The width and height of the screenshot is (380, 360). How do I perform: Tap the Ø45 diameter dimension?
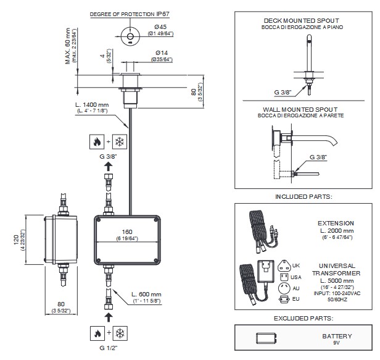160,27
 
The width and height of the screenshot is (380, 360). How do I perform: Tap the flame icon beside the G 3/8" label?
95,141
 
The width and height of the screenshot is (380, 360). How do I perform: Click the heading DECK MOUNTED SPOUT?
301,20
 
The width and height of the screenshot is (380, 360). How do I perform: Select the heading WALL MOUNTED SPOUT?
301,108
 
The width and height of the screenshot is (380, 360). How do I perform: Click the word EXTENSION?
336,223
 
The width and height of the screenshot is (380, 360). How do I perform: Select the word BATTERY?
337,336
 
